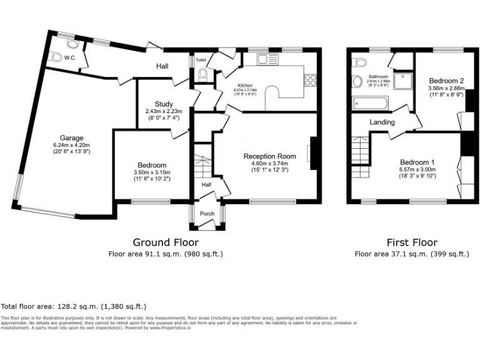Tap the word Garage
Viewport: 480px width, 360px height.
[71, 138]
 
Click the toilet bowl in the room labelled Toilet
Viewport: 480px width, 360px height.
[202, 74]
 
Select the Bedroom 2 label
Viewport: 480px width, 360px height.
[446, 81]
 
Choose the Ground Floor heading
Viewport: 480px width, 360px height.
[166, 242]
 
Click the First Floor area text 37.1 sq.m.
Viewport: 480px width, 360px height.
[412, 254]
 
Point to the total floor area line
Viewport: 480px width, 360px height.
[74, 307]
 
